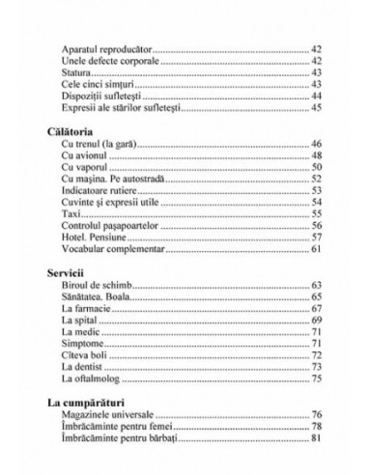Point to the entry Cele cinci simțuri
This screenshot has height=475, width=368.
point(97,84)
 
